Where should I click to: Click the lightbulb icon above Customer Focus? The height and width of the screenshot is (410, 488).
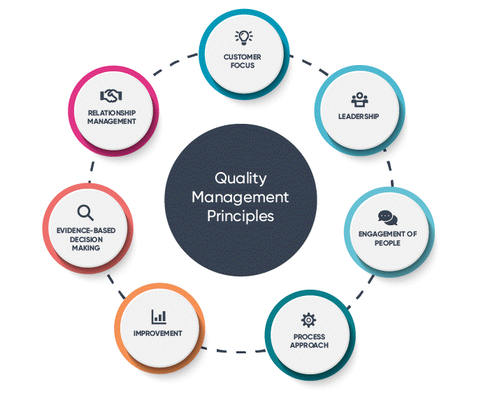244,38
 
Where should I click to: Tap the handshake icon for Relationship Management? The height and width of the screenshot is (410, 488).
111,96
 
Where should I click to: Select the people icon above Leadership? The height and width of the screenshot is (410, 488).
359,99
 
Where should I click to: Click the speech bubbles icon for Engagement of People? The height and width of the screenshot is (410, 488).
388,218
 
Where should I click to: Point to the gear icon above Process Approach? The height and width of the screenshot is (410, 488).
308,320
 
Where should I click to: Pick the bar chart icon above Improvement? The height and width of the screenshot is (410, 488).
159,317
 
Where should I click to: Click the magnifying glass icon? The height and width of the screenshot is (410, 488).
85,213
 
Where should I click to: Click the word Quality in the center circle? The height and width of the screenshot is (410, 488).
241,179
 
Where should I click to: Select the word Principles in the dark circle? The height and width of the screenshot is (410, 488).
241,216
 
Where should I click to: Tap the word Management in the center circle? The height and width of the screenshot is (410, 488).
241,197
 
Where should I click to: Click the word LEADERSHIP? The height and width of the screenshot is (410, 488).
359,117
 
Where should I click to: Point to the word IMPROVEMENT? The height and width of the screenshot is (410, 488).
158,333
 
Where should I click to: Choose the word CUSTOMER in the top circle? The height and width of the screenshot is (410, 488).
243,57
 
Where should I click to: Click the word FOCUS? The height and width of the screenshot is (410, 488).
243,66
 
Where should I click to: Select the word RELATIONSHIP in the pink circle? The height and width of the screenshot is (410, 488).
112,113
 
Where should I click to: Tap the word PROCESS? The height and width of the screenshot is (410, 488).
309,337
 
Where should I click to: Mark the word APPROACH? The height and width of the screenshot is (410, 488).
309,345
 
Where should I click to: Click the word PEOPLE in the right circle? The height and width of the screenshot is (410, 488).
387,243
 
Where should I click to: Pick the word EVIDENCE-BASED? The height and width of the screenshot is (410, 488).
86,231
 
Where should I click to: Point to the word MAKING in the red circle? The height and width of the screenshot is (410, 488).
86,248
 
